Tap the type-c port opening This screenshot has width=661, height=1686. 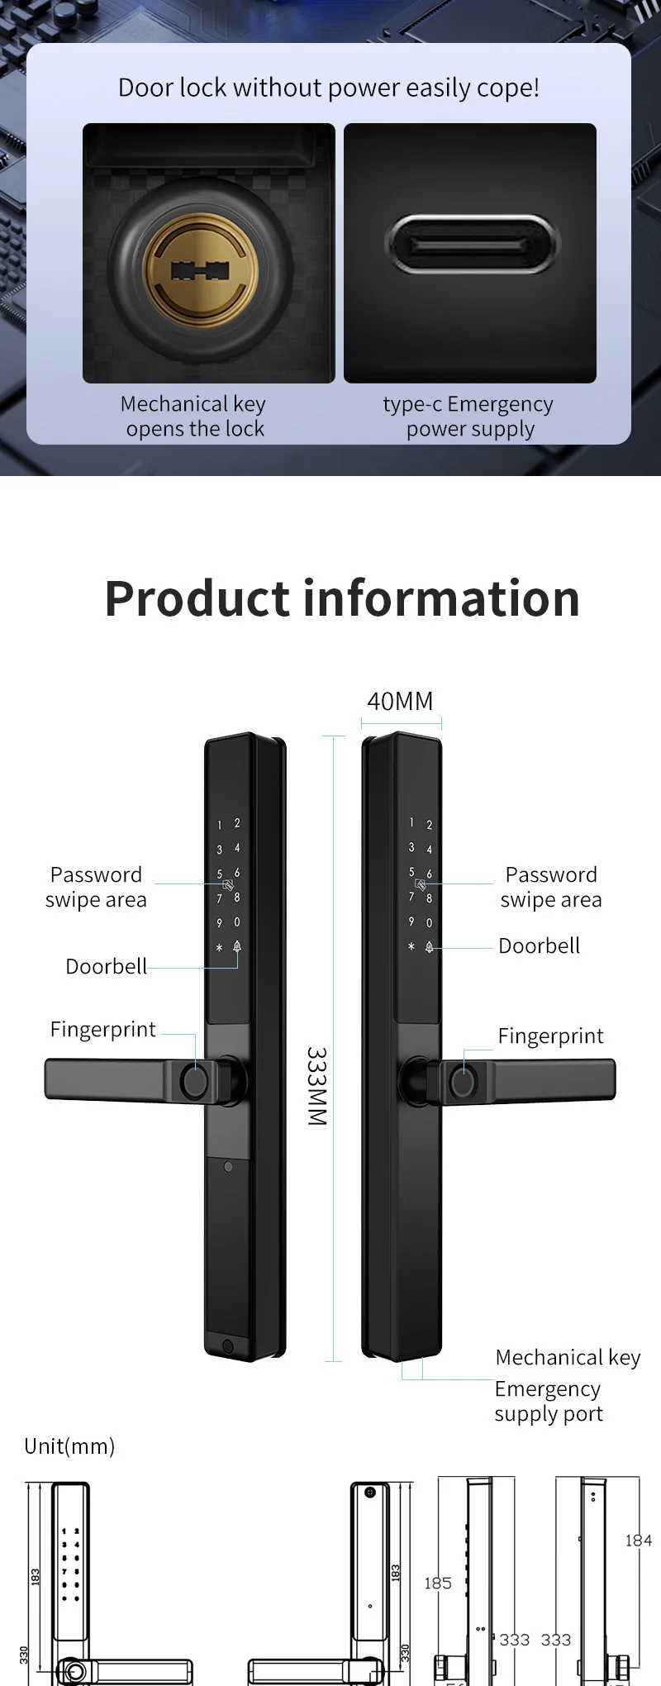472,244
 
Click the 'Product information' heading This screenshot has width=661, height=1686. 342,598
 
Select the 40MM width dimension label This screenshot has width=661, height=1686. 400,701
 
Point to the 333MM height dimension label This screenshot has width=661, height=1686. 317,1086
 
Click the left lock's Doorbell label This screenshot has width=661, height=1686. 106,966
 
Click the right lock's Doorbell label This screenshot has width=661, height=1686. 539,945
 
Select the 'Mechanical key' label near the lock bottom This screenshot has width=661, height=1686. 568,1357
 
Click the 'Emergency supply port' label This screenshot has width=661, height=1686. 549,1401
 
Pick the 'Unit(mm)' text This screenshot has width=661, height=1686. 69,1446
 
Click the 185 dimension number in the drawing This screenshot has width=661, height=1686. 438,1583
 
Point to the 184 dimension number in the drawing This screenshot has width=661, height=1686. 638,1540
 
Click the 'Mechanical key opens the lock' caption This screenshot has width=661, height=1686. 193,416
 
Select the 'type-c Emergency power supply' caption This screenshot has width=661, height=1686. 468,416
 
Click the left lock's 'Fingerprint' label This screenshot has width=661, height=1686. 102,1029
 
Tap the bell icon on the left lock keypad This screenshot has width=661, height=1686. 237,947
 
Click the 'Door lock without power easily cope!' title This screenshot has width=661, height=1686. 329,88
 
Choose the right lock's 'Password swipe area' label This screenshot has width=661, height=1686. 551,887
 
